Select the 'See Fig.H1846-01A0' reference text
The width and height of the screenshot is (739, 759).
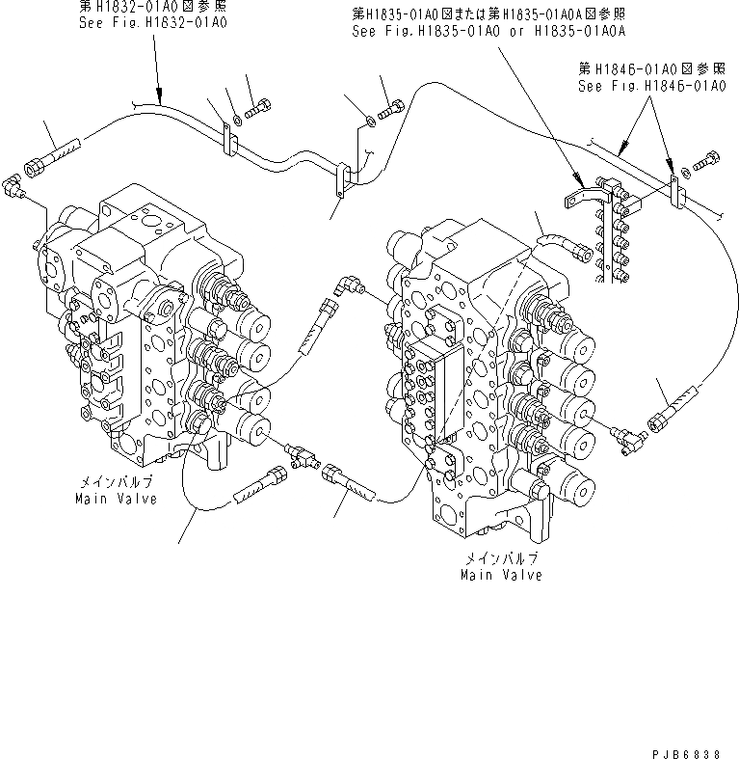click(650, 86)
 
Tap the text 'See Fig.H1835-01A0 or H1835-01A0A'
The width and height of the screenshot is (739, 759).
click(488, 31)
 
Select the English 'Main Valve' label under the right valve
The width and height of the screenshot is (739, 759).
click(500, 575)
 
